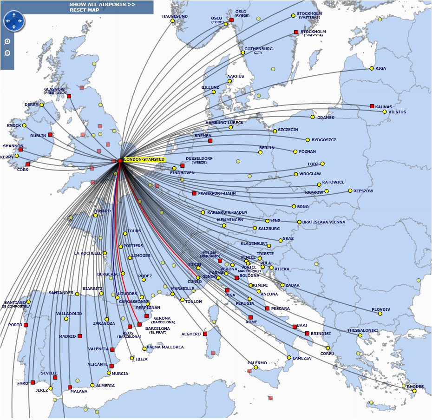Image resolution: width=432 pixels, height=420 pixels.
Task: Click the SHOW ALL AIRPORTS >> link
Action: (x=103, y=4)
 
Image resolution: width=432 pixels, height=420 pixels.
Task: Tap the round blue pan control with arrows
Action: (x=13, y=20)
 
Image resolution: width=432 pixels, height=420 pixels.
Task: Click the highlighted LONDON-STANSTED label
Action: (x=144, y=159)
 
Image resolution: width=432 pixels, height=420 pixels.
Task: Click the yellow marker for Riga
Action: (x=372, y=68)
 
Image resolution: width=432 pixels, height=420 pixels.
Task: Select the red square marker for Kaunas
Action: (x=372, y=106)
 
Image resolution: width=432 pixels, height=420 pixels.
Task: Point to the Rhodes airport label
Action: (x=415, y=387)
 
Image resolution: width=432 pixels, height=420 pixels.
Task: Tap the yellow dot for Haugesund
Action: (x=172, y=20)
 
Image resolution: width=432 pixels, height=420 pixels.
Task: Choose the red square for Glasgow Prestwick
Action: (x=69, y=96)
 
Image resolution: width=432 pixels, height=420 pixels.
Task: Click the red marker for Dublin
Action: (x=50, y=135)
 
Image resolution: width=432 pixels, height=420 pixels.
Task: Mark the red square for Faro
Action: (x=33, y=382)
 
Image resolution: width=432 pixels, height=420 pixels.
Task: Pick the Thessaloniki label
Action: (x=362, y=330)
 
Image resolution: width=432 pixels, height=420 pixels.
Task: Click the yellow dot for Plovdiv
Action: (x=380, y=313)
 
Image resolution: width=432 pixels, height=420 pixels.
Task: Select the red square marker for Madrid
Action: (x=80, y=336)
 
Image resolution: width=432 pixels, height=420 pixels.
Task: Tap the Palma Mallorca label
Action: (x=165, y=347)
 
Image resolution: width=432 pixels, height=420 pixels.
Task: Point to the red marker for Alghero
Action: (x=205, y=334)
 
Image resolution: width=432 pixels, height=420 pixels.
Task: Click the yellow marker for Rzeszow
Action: (x=350, y=190)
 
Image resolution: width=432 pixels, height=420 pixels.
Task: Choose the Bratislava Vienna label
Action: (x=323, y=222)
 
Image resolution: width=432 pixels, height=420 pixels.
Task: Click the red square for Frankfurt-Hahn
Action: (x=194, y=193)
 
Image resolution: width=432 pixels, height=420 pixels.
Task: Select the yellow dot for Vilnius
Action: (x=385, y=112)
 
